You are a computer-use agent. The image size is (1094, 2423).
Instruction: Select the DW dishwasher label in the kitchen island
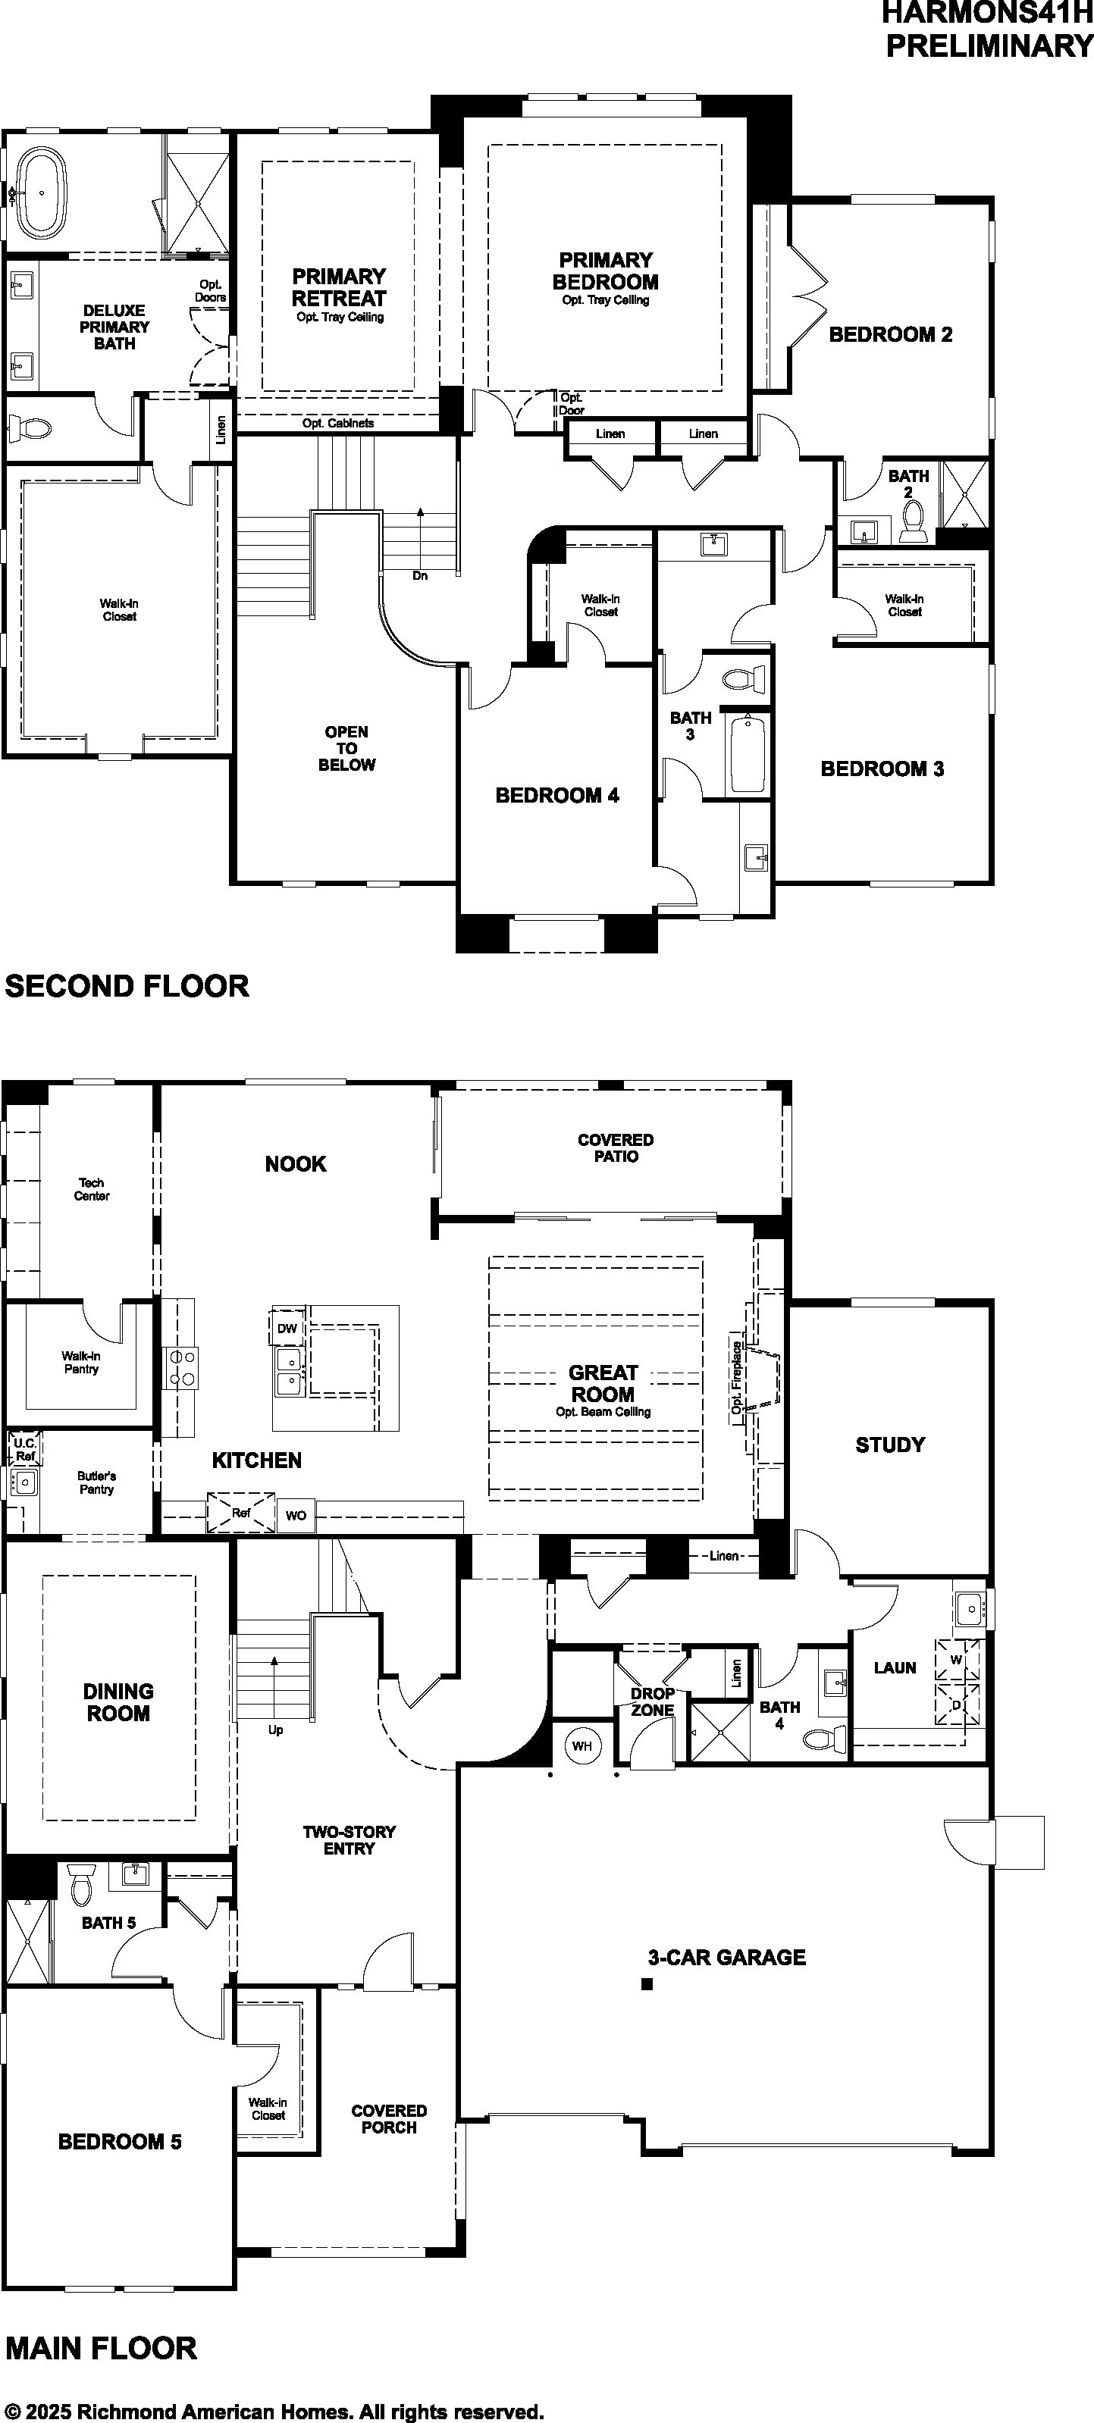coord(287,1328)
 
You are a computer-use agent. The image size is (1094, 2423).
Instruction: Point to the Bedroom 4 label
coord(557,796)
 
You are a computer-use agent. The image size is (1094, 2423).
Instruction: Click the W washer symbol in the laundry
coord(957,1659)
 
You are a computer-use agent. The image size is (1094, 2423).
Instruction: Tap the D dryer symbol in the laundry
coord(957,1705)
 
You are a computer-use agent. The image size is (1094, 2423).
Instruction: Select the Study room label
coord(890,1445)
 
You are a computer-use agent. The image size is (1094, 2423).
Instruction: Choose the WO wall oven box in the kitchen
coord(296,1515)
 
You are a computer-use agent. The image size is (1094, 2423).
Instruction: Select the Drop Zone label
coord(652,1701)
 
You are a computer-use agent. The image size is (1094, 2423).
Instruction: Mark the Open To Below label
coord(346,749)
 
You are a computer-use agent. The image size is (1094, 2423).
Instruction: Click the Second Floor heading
coord(127,986)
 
